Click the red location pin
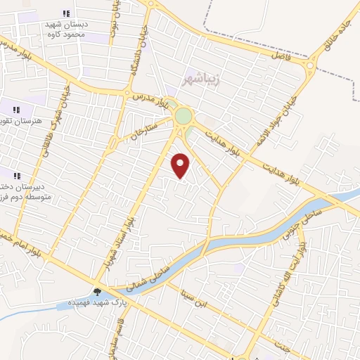click(x=181, y=165)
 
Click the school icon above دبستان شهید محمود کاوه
click(x=66, y=13)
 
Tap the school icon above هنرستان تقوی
click(x=16, y=109)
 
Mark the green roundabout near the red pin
click(x=183, y=116)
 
